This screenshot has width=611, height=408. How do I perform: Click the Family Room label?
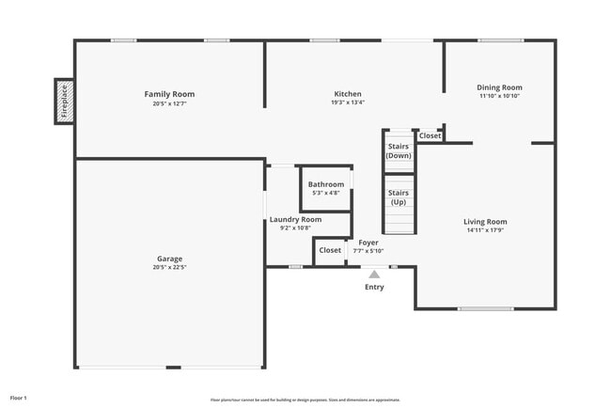pyautogui.click(x=169, y=94)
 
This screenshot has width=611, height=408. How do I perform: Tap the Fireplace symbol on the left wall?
pyautogui.click(x=64, y=101)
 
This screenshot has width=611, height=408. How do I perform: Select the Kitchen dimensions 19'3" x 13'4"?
pyautogui.click(x=348, y=102)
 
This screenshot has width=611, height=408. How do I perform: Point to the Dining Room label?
pyautogui.click(x=499, y=87)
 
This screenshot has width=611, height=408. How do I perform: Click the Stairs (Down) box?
pyautogui.click(x=399, y=150)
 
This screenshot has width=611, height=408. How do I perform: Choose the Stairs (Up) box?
pyautogui.click(x=399, y=198)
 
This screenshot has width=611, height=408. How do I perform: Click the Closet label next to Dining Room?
pyautogui.click(x=430, y=136)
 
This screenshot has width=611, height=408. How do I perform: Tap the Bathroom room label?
pyautogui.click(x=326, y=184)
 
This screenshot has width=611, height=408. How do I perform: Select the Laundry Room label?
pyautogui.click(x=295, y=219)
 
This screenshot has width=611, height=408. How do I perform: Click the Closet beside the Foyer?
pyautogui.click(x=330, y=250)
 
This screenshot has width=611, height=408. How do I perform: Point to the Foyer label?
pyautogui.click(x=368, y=243)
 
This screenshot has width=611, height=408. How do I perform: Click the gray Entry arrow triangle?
pyautogui.click(x=374, y=275)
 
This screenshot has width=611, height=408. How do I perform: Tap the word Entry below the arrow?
pyautogui.click(x=374, y=288)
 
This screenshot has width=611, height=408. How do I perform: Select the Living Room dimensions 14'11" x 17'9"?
pyautogui.click(x=486, y=230)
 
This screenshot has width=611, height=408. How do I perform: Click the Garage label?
pyautogui.click(x=169, y=259)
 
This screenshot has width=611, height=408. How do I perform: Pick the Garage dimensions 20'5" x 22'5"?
pyautogui.click(x=169, y=267)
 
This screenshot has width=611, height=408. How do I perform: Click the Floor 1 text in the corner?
pyautogui.click(x=19, y=398)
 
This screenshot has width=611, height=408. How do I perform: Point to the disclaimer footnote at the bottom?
pyautogui.click(x=305, y=400)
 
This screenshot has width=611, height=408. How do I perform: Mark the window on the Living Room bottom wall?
pyautogui.click(x=485, y=308)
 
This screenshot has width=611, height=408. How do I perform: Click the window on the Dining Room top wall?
pyautogui.click(x=500, y=40)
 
